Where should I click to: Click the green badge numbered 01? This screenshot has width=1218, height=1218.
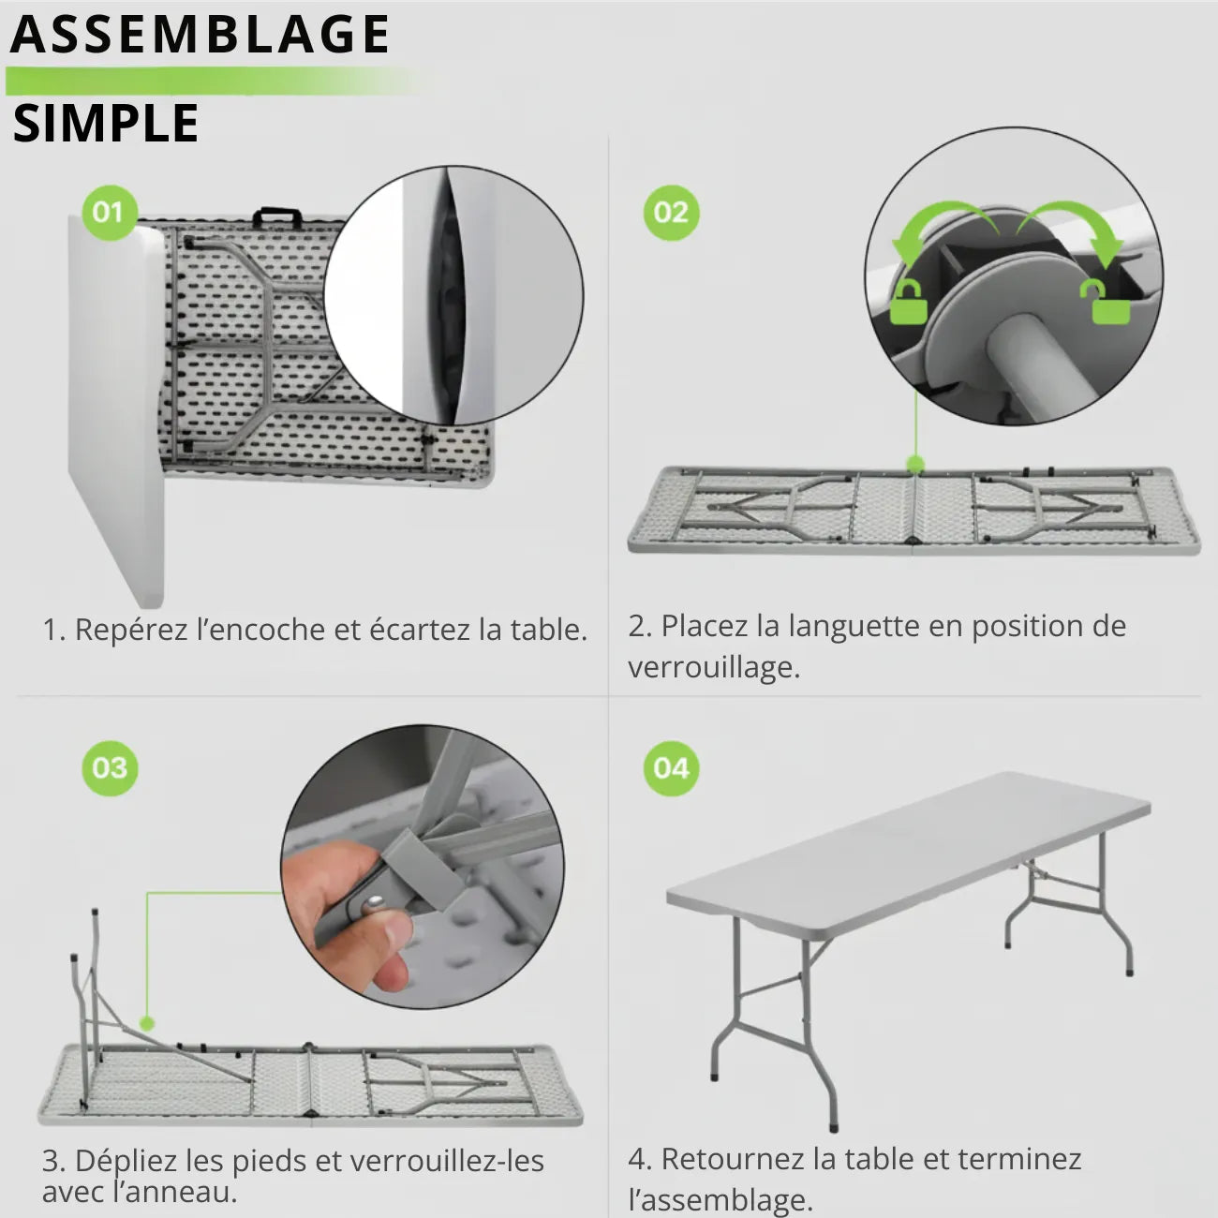tap(109, 213)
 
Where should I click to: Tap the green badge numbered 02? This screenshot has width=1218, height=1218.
tap(671, 213)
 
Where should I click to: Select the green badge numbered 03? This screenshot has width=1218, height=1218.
tap(110, 768)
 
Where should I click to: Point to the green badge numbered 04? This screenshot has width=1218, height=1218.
tap(671, 768)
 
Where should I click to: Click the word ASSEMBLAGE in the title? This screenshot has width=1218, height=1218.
tap(200, 36)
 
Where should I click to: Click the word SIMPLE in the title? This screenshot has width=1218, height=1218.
tap(106, 125)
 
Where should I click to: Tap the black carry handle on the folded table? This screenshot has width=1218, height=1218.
tap(276, 217)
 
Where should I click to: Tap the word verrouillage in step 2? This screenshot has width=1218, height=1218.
tap(713, 668)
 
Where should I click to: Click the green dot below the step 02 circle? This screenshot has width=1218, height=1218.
tap(915, 464)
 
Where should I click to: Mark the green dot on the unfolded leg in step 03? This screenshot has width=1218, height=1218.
tap(146, 1023)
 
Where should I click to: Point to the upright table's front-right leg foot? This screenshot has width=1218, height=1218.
tap(833, 1125)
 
